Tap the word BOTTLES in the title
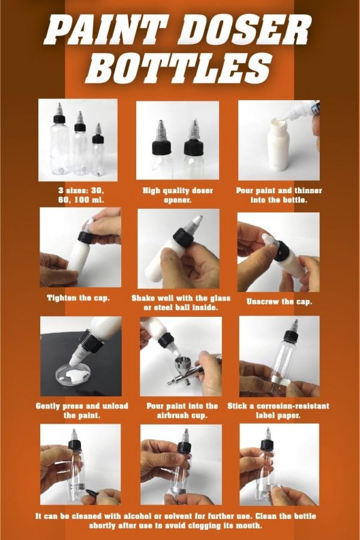(179, 68)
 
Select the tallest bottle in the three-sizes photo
(59, 144)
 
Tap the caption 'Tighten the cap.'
(78, 298)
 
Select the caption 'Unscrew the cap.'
(279, 302)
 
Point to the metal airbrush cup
(179, 365)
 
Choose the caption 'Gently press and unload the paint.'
(79, 410)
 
